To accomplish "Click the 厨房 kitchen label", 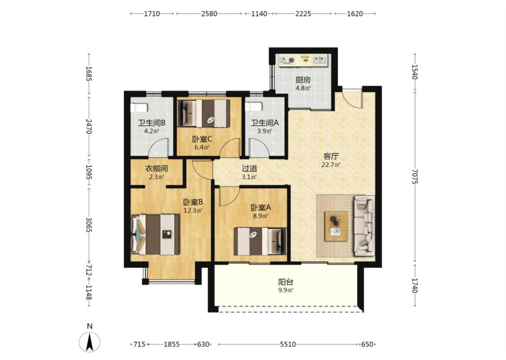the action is pyautogui.click(x=303, y=80).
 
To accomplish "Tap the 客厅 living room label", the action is pyautogui.click(x=331, y=157).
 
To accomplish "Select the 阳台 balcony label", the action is pyautogui.click(x=286, y=282).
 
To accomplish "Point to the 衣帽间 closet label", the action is pyautogui.click(x=157, y=169).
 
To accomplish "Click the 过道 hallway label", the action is pyautogui.click(x=250, y=169).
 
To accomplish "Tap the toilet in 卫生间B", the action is pyautogui.click(x=139, y=107).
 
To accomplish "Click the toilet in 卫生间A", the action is pyautogui.click(x=253, y=107).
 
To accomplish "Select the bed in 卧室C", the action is pyautogui.click(x=204, y=113).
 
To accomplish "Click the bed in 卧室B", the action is pyautogui.click(x=155, y=234).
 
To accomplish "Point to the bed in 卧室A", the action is pyautogui.click(x=260, y=241).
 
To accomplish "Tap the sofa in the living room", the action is pyautogui.click(x=364, y=226).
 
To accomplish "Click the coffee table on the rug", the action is pyautogui.click(x=336, y=226).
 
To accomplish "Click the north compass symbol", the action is pyautogui.click(x=90, y=342).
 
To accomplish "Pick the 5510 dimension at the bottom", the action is pyautogui.click(x=287, y=345).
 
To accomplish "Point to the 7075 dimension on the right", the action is pyautogui.click(x=415, y=176).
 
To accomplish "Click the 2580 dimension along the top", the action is pyautogui.click(x=209, y=13).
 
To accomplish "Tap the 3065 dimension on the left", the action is pyautogui.click(x=89, y=225).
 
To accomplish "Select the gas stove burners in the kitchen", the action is pyautogui.click(x=287, y=60).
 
